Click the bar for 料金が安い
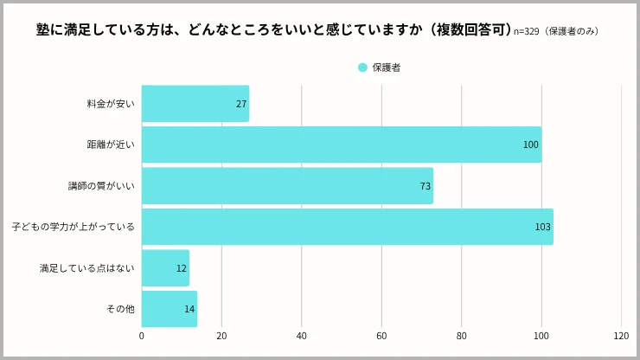(195, 104)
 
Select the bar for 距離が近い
(341, 145)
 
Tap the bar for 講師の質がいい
(287, 186)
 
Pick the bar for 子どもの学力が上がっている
(347, 227)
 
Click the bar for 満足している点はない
(165, 268)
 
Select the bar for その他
(169, 309)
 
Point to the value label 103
(542, 227)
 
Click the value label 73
(425, 186)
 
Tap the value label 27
(241, 104)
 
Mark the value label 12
(182, 268)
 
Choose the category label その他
(120, 309)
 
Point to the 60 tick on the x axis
(381, 337)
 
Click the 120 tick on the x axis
(621, 337)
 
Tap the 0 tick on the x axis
(142, 337)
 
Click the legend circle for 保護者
(362, 67)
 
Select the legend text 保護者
(387, 67)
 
